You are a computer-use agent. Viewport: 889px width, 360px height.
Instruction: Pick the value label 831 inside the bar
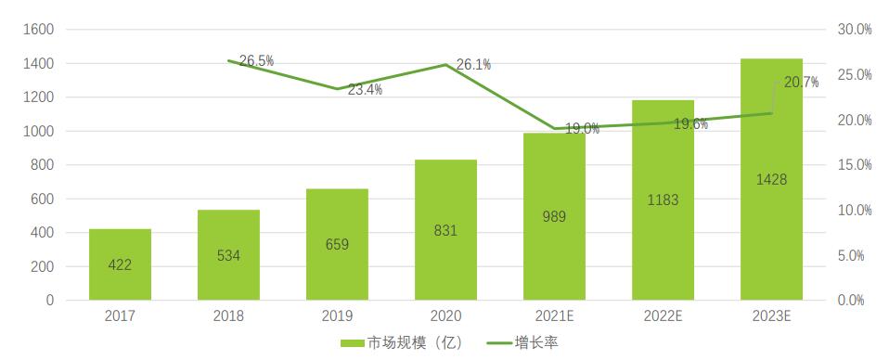[x=445, y=231]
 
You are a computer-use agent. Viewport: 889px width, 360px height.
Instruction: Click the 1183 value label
[x=663, y=199]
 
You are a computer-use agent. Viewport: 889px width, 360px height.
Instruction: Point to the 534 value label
[x=228, y=255]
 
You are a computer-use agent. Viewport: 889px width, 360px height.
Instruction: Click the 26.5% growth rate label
[x=256, y=61]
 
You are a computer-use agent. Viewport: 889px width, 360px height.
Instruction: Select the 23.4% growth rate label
[x=365, y=90]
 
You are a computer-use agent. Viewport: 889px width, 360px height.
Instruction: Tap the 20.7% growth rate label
[x=801, y=83]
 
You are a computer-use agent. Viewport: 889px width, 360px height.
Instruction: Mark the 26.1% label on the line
[x=473, y=65]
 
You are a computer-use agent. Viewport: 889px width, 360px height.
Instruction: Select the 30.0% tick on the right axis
[x=854, y=30]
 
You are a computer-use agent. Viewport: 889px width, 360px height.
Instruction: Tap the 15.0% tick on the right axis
[x=854, y=165]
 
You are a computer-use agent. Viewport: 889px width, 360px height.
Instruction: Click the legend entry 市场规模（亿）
[x=403, y=343]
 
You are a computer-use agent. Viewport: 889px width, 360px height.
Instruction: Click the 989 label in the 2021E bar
[x=554, y=217]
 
